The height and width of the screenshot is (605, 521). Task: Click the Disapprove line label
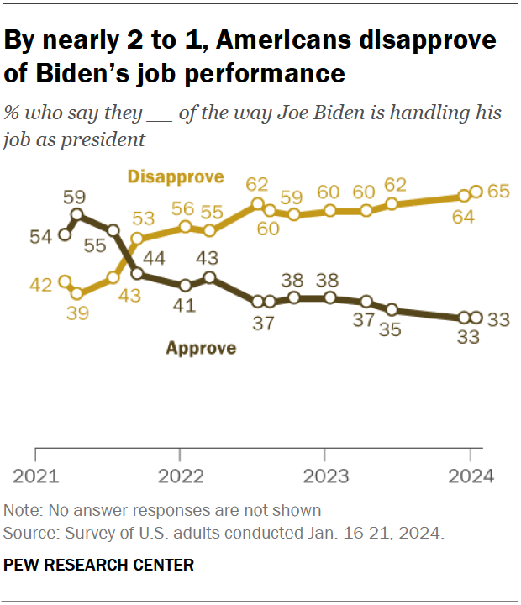click(176, 176)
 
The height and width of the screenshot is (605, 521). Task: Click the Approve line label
click(200, 347)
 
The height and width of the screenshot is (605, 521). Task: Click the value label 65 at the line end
click(499, 192)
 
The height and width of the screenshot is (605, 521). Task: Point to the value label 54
click(41, 236)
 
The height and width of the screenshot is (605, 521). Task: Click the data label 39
click(76, 313)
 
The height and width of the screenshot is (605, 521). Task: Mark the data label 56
click(184, 208)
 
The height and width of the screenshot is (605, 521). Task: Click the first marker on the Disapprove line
click(64, 282)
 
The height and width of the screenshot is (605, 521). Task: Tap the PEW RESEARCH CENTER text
click(99, 565)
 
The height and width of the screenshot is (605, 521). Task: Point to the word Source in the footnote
click(25, 533)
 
